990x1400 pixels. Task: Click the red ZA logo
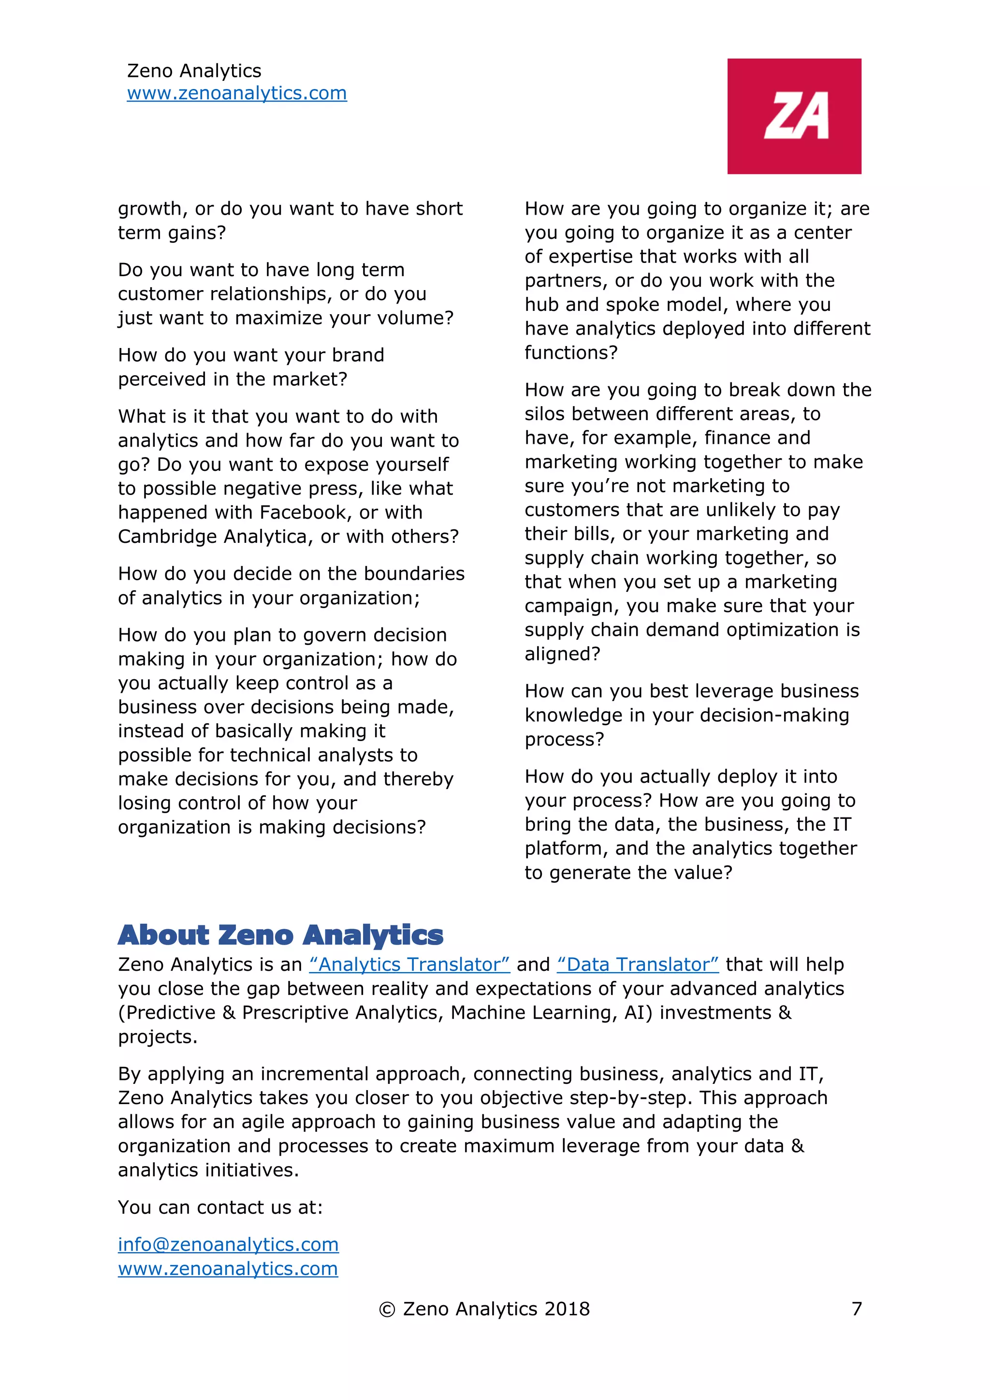point(794,116)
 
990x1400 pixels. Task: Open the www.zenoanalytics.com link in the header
point(236,93)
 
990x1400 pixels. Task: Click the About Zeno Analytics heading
point(280,935)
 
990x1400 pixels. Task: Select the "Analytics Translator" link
point(409,964)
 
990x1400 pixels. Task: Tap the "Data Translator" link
point(638,964)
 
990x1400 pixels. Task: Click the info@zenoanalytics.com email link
point(228,1244)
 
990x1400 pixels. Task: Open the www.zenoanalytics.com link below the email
point(228,1269)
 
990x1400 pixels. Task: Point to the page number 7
point(857,1309)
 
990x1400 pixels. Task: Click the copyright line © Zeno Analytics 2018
point(484,1309)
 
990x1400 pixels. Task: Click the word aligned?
point(562,654)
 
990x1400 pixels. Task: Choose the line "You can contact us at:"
point(220,1207)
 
